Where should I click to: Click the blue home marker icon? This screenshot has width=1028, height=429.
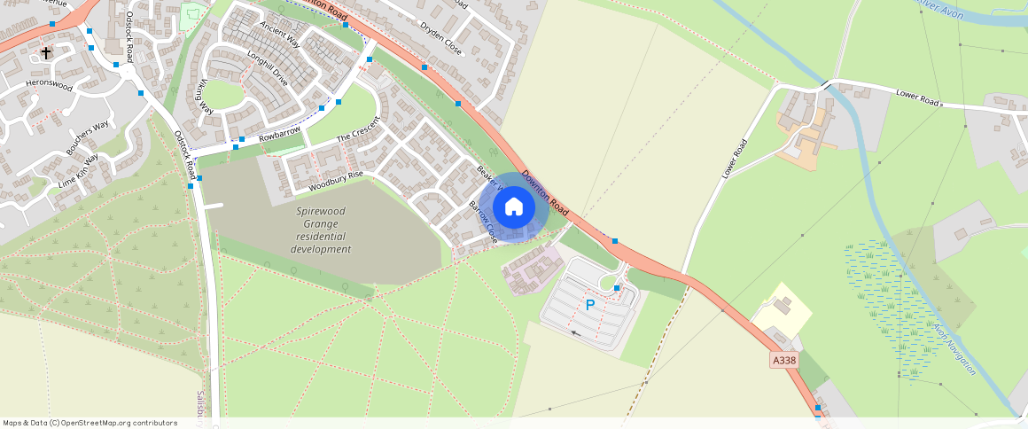pos(513,207)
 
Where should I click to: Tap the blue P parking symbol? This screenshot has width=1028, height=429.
pos(590,305)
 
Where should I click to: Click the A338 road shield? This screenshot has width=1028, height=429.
pos(784,361)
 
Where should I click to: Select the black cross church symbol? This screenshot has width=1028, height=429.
pos(46,53)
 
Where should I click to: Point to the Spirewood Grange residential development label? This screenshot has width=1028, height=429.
pos(321,230)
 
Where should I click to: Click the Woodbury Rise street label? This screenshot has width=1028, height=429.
pos(336,182)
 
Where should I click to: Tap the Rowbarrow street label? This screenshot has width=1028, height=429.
pos(279,136)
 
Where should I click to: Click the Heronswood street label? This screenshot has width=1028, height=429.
pos(49,84)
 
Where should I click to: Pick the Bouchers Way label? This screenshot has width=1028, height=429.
pos(87,137)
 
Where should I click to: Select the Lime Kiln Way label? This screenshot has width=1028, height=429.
pos(78,169)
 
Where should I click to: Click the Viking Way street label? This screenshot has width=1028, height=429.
pos(206,97)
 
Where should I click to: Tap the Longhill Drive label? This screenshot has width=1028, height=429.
pos(268,69)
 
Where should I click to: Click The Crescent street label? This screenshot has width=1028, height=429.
pos(358,134)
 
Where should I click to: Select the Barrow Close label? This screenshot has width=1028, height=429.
pos(483,222)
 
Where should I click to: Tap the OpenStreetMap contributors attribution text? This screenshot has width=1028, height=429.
pos(90,423)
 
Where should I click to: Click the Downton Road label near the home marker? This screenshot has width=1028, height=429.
pos(544,192)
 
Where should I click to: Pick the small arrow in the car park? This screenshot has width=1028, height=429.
pos(577,333)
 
